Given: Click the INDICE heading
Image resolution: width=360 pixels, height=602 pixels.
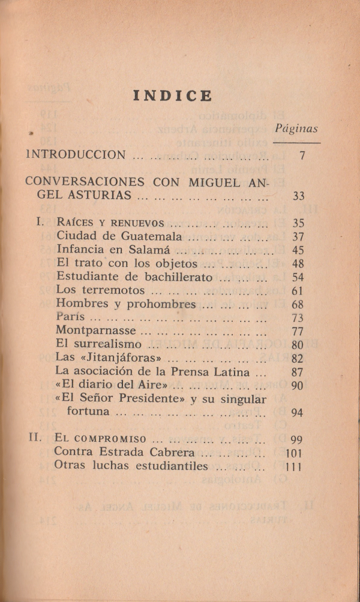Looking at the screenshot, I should coord(172,96).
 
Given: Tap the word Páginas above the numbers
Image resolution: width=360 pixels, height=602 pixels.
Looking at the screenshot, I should coord(296,128).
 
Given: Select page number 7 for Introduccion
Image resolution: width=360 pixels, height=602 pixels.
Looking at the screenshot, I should coord(303,155).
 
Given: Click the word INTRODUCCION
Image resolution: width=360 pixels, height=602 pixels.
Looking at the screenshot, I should coord(76,155).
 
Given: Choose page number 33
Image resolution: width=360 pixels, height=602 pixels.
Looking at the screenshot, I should coord(298,195).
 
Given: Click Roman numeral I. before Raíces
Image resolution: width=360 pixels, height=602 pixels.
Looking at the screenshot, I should coord(40,222).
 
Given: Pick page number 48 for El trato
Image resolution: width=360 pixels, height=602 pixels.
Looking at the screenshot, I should coord(298,264).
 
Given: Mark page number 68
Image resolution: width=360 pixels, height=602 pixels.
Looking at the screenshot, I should coord(298,305).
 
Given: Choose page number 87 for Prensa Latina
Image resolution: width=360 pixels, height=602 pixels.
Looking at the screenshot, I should coord(298,372).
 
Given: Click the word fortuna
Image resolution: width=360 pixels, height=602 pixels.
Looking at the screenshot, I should coord(88,412).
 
